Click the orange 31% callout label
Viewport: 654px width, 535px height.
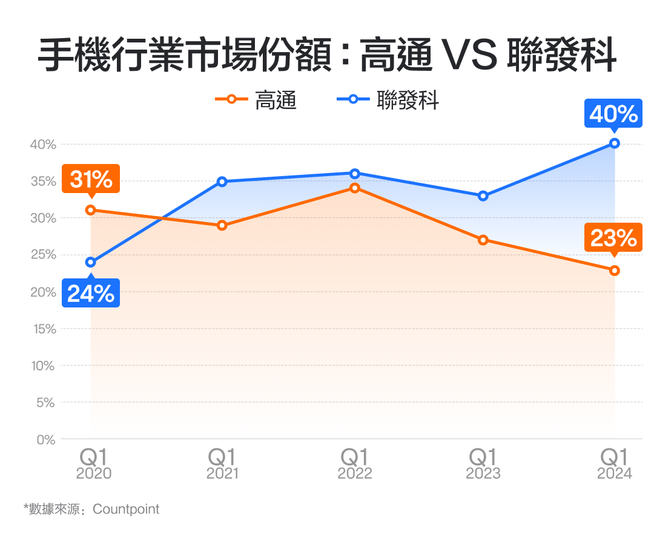(91, 179)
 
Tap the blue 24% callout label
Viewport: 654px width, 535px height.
(91, 294)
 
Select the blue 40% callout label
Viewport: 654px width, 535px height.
(613, 114)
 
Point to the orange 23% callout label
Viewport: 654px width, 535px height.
(613, 238)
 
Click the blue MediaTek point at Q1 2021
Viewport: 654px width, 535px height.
(222, 182)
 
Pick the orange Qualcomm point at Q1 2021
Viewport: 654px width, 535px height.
(222, 226)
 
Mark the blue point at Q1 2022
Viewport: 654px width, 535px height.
(355, 174)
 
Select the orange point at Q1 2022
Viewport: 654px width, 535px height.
(355, 188)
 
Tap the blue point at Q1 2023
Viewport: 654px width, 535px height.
(483, 196)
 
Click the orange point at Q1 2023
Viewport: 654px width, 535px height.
(483, 240)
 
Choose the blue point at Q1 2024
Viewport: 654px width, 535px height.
(615, 143)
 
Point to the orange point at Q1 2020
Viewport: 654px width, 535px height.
(91, 210)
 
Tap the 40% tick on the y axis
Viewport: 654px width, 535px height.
(42, 145)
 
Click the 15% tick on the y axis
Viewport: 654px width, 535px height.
(42, 329)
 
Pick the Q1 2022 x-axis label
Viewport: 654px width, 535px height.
(355, 464)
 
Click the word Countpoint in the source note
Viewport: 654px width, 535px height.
(126, 509)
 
